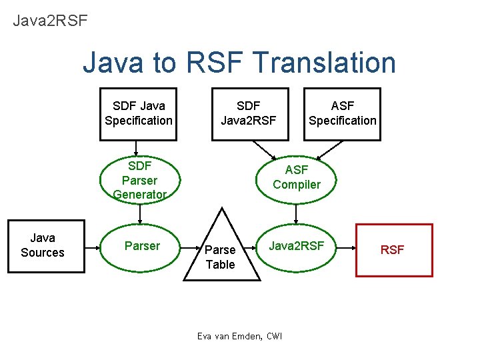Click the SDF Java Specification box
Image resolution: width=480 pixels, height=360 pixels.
[138, 114]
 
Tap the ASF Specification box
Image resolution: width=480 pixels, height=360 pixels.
[342, 114]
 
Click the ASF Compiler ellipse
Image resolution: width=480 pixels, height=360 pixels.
[297, 177]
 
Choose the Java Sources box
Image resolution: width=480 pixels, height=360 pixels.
[46, 246]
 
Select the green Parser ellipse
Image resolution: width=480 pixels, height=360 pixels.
[142, 246]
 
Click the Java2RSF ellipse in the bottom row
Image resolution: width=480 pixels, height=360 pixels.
[297, 246]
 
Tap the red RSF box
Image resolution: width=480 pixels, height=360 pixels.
[393, 250]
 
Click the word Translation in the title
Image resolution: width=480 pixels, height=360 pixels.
[325, 63]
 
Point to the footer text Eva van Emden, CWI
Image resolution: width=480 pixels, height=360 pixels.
[239, 336]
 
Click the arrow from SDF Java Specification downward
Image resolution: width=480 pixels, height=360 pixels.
[137, 149]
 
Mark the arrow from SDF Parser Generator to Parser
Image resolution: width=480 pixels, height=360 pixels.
[140, 213]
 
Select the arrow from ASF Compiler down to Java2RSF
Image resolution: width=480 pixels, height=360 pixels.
[297, 213]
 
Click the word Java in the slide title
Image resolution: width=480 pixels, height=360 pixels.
[112, 63]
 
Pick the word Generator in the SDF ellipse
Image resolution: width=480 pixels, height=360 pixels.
[139, 195]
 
